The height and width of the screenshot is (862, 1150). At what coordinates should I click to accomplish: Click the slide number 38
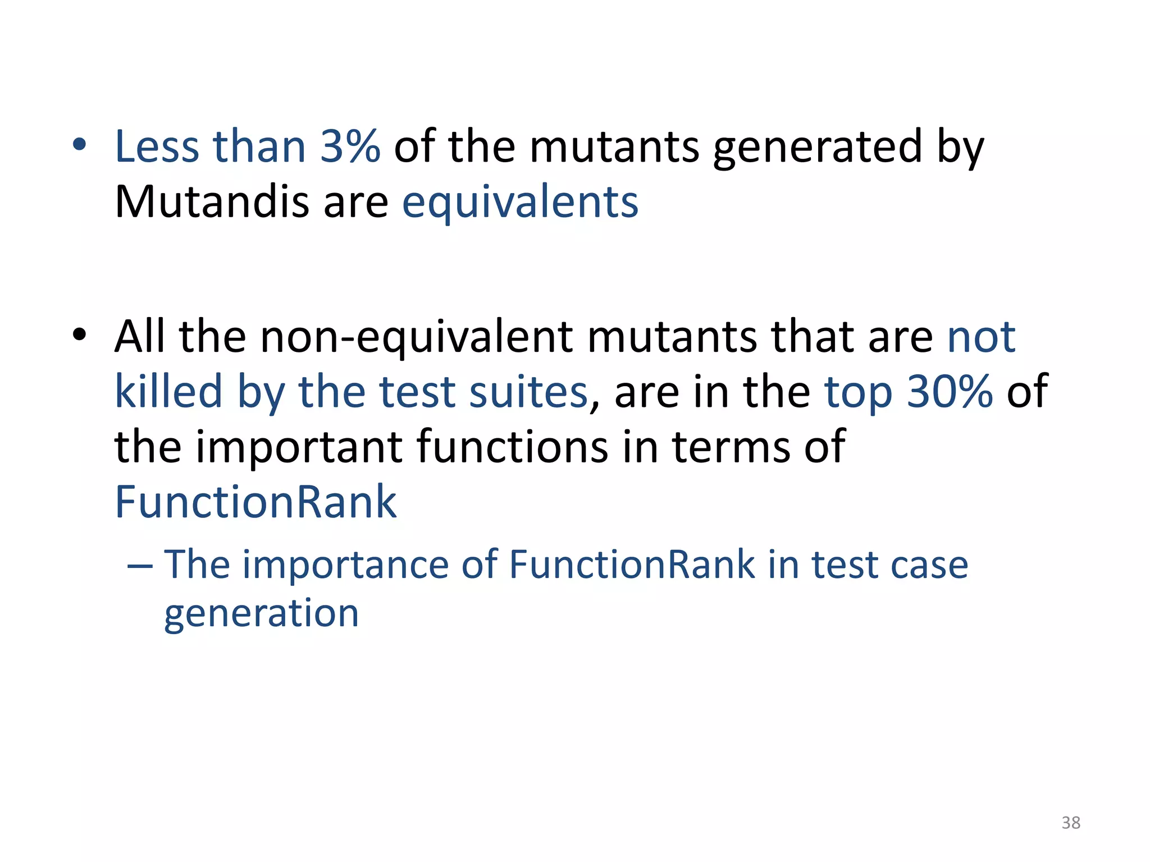tap(1071, 823)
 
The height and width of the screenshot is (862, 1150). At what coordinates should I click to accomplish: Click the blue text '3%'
tap(350, 146)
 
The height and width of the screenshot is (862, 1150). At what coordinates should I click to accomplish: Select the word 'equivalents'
tap(520, 203)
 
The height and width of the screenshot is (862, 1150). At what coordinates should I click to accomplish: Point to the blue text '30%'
tap(950, 391)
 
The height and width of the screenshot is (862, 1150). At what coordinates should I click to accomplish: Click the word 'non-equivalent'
tap(417, 337)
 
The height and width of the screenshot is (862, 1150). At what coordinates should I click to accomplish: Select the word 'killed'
tap(168, 391)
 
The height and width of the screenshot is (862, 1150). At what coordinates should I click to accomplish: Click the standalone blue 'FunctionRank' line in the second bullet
tap(255, 502)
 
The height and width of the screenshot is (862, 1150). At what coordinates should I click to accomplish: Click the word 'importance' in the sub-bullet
tap(345, 564)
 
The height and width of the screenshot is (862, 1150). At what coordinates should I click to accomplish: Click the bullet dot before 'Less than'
tap(79, 145)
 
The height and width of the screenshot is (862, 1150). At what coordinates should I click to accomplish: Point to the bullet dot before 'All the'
tap(79, 335)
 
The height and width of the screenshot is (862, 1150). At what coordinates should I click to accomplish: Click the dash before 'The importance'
tap(140, 565)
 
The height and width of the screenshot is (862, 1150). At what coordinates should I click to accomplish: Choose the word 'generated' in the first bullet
tap(818, 147)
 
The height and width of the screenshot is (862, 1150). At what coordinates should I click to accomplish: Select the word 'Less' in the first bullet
tap(157, 146)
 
